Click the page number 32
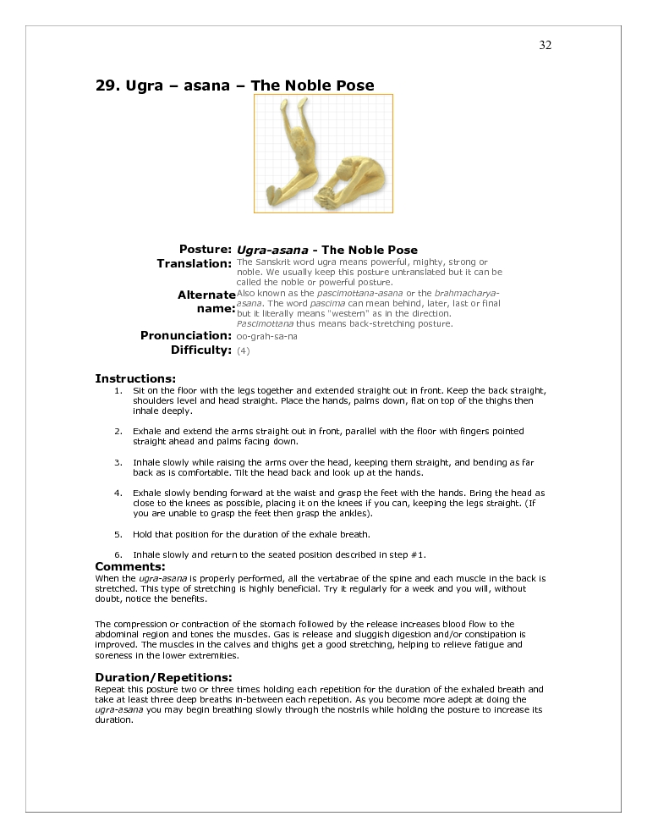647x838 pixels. click(545, 46)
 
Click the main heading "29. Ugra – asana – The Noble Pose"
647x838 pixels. click(234, 85)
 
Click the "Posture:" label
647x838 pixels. click(206, 250)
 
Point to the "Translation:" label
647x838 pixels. click(195, 264)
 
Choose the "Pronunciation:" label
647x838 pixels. click(186, 336)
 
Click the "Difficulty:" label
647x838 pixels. click(201, 350)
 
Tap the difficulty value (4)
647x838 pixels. click(244, 350)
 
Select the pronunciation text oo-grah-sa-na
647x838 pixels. click(267, 336)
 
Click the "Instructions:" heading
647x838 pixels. click(135, 378)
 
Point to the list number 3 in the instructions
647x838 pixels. click(118, 463)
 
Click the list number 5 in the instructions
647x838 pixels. click(118, 534)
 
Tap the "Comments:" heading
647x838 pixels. click(130, 566)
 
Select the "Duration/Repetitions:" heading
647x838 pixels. click(163, 677)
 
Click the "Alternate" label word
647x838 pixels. click(206, 295)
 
